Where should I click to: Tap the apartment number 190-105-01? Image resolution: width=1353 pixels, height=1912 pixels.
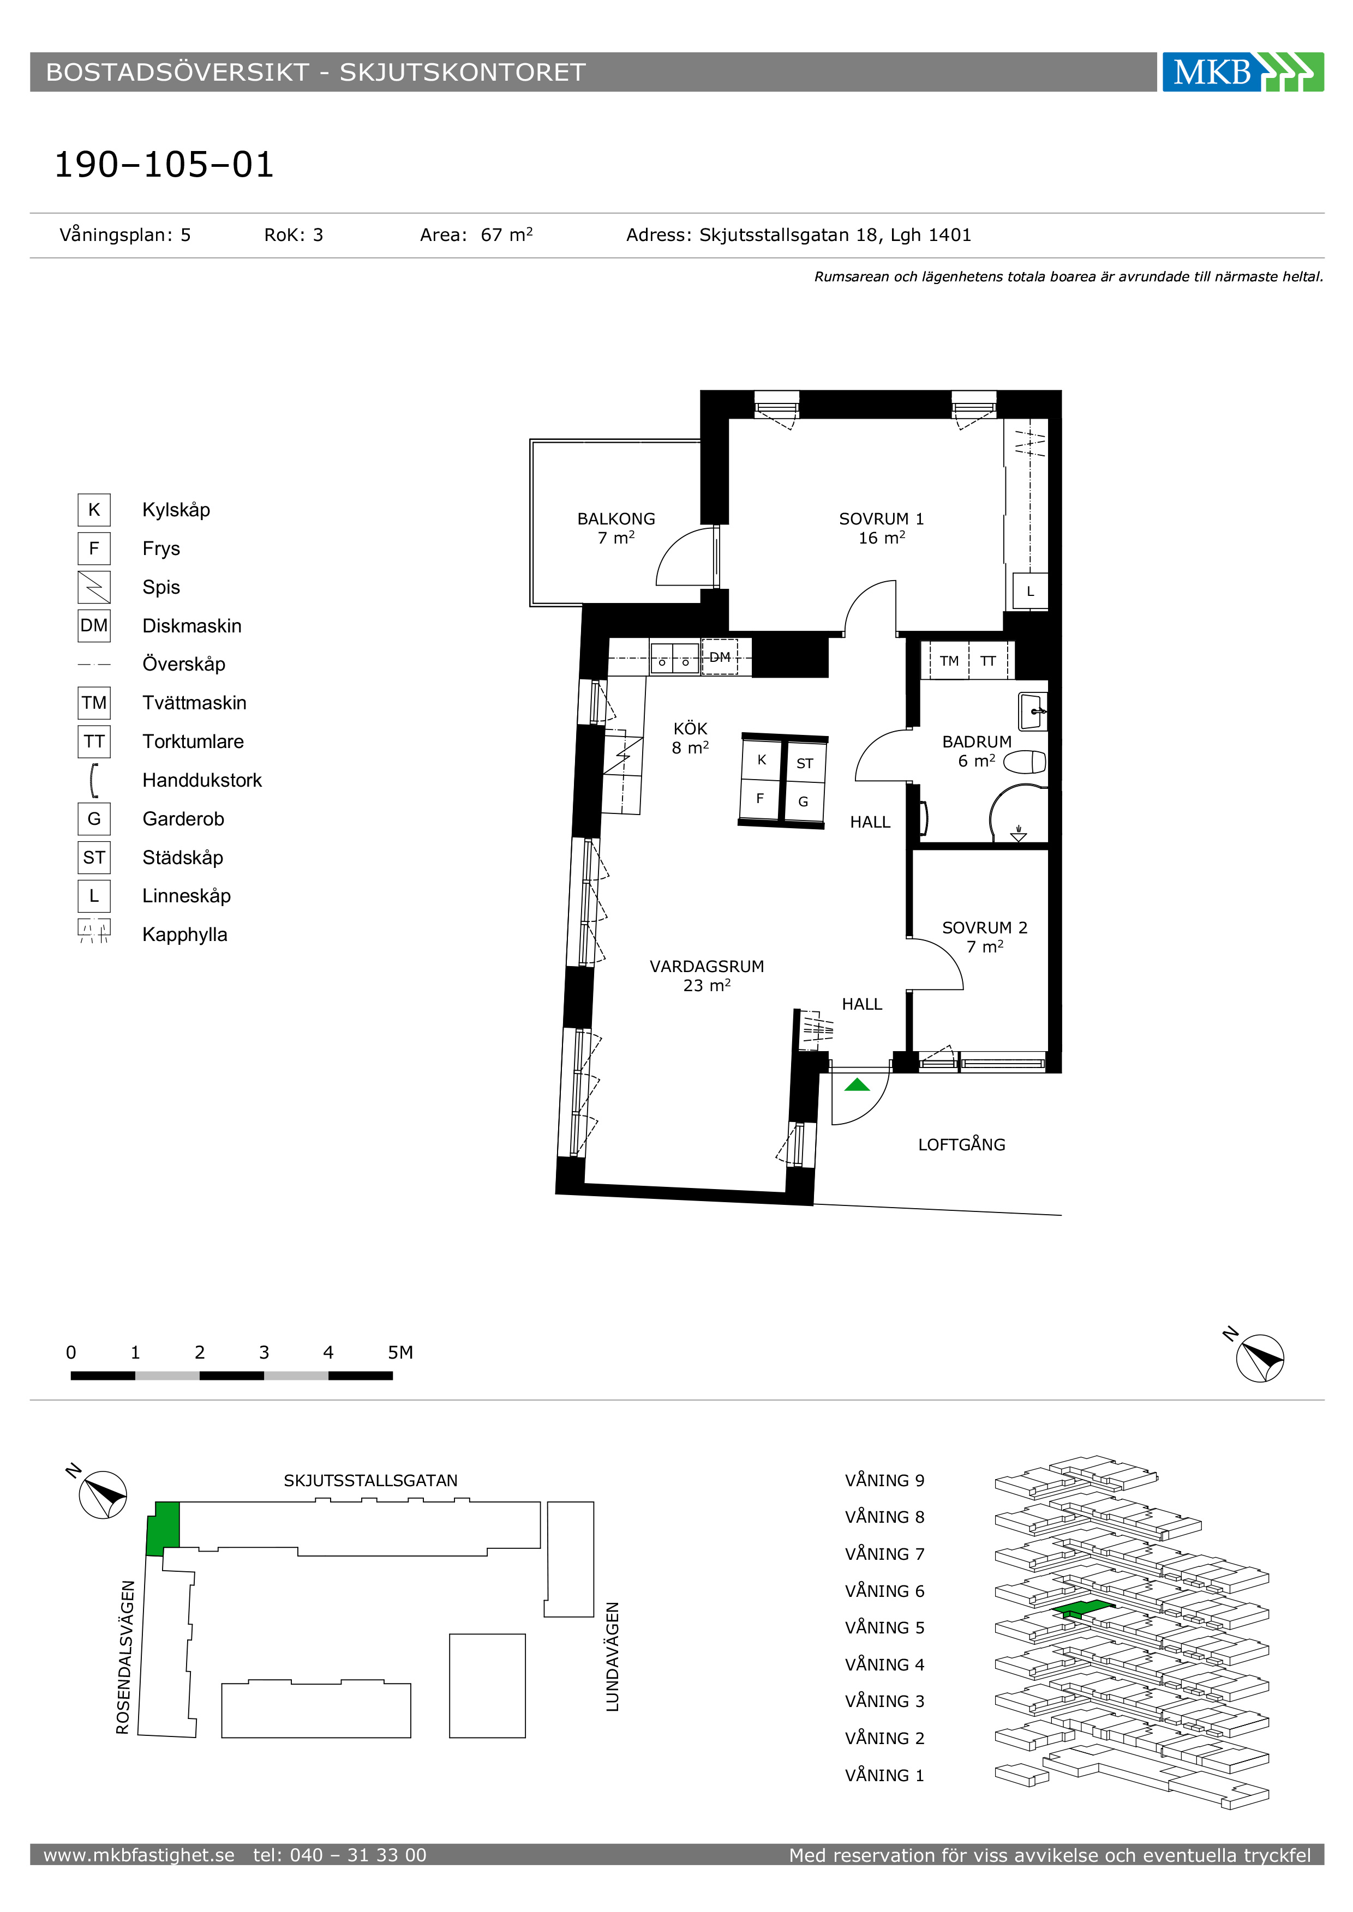(164, 164)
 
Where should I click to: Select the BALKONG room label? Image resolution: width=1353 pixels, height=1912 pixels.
(616, 519)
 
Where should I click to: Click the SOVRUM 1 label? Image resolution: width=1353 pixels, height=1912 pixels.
(882, 519)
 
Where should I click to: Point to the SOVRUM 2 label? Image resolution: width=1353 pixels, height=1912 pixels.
(985, 928)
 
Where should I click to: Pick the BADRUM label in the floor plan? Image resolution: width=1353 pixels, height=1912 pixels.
(977, 741)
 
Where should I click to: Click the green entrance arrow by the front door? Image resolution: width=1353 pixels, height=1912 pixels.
(857, 1084)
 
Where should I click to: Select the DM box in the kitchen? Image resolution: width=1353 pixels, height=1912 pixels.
(720, 657)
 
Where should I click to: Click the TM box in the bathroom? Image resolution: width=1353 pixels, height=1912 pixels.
(949, 661)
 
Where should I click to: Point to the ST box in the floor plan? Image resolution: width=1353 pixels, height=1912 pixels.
(805, 763)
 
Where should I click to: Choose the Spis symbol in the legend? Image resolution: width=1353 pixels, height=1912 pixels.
(94, 587)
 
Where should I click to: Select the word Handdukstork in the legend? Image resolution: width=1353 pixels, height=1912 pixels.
(202, 780)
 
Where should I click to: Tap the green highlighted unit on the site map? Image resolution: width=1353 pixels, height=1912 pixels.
(163, 1528)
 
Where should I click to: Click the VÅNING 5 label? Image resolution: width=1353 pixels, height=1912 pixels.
(885, 1627)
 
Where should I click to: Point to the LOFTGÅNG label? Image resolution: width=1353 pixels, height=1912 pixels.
(961, 1144)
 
